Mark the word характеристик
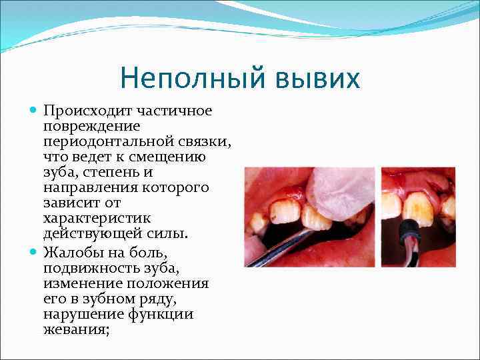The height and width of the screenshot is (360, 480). [x=97, y=218]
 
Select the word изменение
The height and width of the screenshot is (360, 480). [x=77, y=283]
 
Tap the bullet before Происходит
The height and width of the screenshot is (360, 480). [x=34, y=109]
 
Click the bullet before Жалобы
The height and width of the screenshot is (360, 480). [x=34, y=251]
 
